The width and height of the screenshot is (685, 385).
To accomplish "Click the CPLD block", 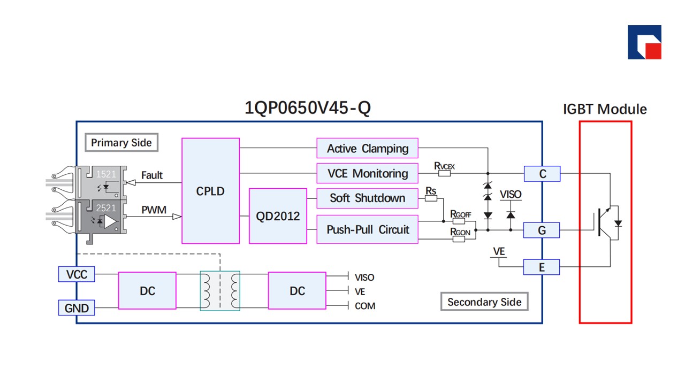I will tap(210, 191).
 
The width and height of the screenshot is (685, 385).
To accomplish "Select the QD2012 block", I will tap(278, 216).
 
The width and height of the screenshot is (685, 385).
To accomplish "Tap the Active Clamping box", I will tap(367, 148).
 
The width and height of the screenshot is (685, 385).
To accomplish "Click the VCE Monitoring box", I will tap(367, 173).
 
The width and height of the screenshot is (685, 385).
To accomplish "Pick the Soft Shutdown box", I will tap(367, 198).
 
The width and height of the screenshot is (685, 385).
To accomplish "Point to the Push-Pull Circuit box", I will tap(367, 230).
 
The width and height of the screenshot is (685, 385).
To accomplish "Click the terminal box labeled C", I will tap(542, 174).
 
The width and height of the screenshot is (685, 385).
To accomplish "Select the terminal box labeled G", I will tap(542, 230).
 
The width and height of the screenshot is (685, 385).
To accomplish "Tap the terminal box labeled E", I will tap(542, 267).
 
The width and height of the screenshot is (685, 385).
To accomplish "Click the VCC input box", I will tap(77, 275).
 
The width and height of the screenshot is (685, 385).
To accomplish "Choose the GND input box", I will tap(77, 308).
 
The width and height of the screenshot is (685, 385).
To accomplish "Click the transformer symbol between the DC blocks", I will tap(220, 290).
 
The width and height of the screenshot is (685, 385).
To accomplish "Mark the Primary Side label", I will tap(121, 143).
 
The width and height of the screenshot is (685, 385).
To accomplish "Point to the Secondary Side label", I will tap(484, 302).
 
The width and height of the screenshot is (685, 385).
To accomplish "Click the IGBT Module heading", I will tap(605, 110).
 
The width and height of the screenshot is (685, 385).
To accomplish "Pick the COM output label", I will tap(365, 306).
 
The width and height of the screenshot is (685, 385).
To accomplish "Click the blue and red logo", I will tap(644, 42).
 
